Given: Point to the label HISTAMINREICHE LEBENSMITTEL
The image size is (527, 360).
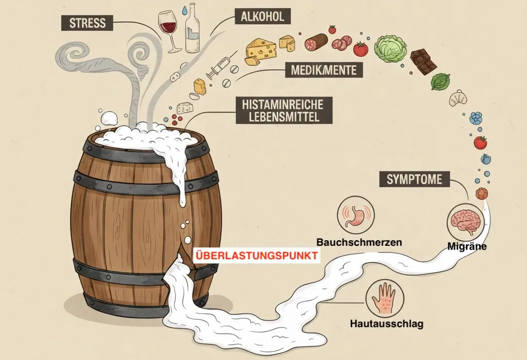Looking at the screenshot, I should coord(283,110).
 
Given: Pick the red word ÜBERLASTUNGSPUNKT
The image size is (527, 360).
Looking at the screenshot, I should coord(256,256).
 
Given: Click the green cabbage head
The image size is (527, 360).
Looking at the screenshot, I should coord(390,49).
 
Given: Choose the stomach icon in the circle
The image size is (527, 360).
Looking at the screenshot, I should coord(353,217).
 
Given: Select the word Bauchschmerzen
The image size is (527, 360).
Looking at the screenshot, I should coord(359,241).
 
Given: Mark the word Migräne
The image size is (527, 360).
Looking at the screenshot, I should coord(466,247).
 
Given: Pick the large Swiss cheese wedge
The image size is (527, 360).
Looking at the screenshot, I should coord(261,49).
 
